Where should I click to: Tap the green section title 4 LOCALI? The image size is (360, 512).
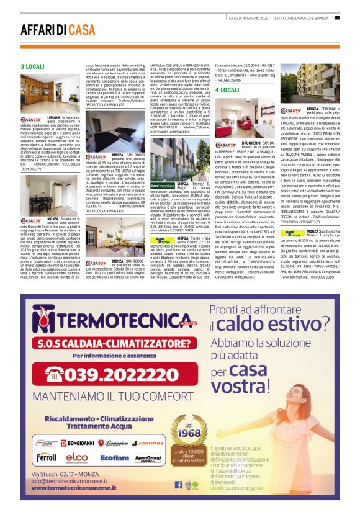pos(227,90)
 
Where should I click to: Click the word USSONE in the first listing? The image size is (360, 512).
pos(54,117)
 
